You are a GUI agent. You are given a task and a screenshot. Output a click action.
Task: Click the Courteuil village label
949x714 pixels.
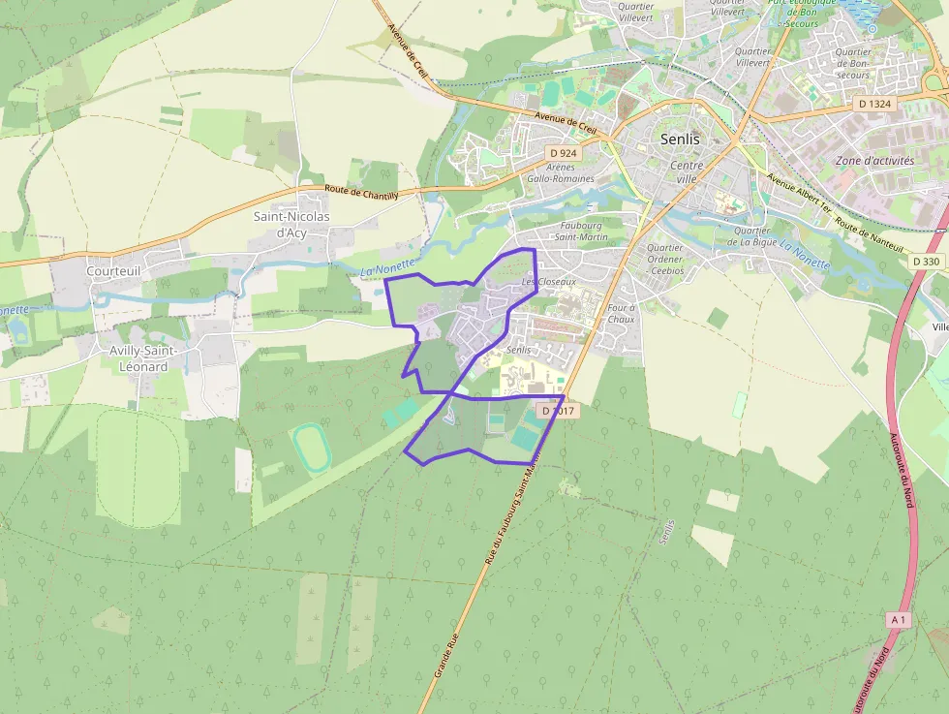coord(114,272)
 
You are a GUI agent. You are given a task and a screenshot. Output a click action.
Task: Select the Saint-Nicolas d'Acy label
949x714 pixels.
coord(291,224)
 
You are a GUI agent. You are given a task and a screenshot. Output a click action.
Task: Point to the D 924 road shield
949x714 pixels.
coord(563,153)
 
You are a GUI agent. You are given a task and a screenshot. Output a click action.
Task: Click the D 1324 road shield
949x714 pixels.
coord(874,103)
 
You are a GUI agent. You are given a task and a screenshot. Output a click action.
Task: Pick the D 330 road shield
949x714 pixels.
coord(926,262)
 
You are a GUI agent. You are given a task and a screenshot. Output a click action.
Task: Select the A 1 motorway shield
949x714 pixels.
coord(899,619)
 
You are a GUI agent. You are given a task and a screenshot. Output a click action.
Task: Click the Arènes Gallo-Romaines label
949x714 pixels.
coord(561,172)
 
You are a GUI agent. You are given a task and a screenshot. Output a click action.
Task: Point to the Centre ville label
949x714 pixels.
coord(686,172)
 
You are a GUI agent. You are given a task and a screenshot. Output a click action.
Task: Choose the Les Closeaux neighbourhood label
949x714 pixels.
coord(549,282)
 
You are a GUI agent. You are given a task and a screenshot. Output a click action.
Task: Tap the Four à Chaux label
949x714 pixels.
coord(621,313)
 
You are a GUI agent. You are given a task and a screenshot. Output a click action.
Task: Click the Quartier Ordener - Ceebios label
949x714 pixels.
coord(664,260)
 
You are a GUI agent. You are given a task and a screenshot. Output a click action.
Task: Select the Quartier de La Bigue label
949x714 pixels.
coord(752,236)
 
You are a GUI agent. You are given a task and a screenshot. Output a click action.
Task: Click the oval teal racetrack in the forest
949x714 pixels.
coord(311,447)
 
